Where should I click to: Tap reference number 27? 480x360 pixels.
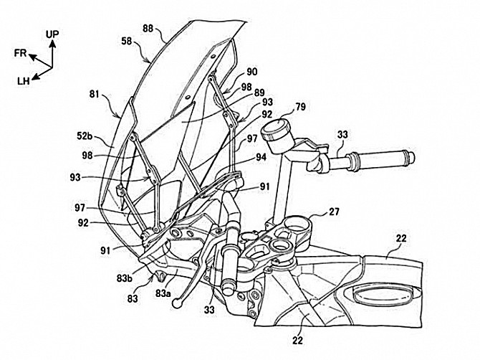coord(334,212)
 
